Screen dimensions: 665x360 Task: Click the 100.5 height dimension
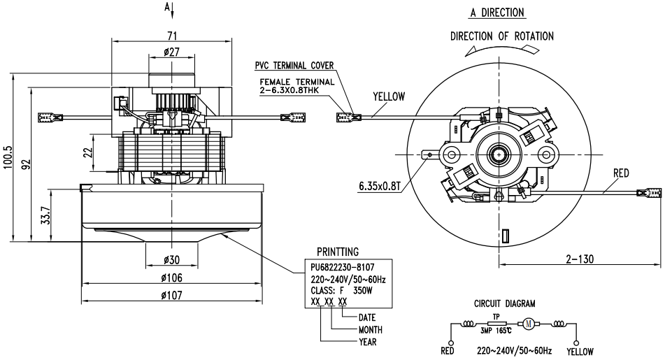point(8,158)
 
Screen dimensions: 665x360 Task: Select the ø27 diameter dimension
point(171,52)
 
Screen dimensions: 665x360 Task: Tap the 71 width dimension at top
point(172,35)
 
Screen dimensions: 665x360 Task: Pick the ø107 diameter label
point(171,295)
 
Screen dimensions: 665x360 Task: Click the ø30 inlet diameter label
point(171,259)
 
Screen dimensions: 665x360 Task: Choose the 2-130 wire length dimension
point(579,259)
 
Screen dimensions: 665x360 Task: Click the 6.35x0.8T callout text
point(380,186)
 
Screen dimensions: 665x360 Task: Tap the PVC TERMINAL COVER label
point(294,66)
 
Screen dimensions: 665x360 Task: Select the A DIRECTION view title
point(497,13)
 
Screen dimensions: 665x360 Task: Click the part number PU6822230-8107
point(342,268)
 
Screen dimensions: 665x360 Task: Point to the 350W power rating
point(363,291)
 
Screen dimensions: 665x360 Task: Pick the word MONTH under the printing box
point(370,330)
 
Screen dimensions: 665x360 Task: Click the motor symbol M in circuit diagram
point(529,324)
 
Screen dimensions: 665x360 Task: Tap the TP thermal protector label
point(496,317)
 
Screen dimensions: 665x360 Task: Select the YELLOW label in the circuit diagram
point(580,352)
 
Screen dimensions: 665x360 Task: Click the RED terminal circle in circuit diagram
point(450,343)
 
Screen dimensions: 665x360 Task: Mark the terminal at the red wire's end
point(648,193)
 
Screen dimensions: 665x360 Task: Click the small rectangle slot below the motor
point(505,236)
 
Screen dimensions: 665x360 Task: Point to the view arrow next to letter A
point(172,11)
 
